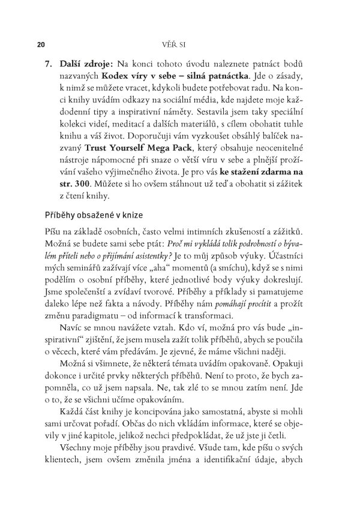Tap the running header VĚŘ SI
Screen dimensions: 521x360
pyautogui.click(x=179, y=44)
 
